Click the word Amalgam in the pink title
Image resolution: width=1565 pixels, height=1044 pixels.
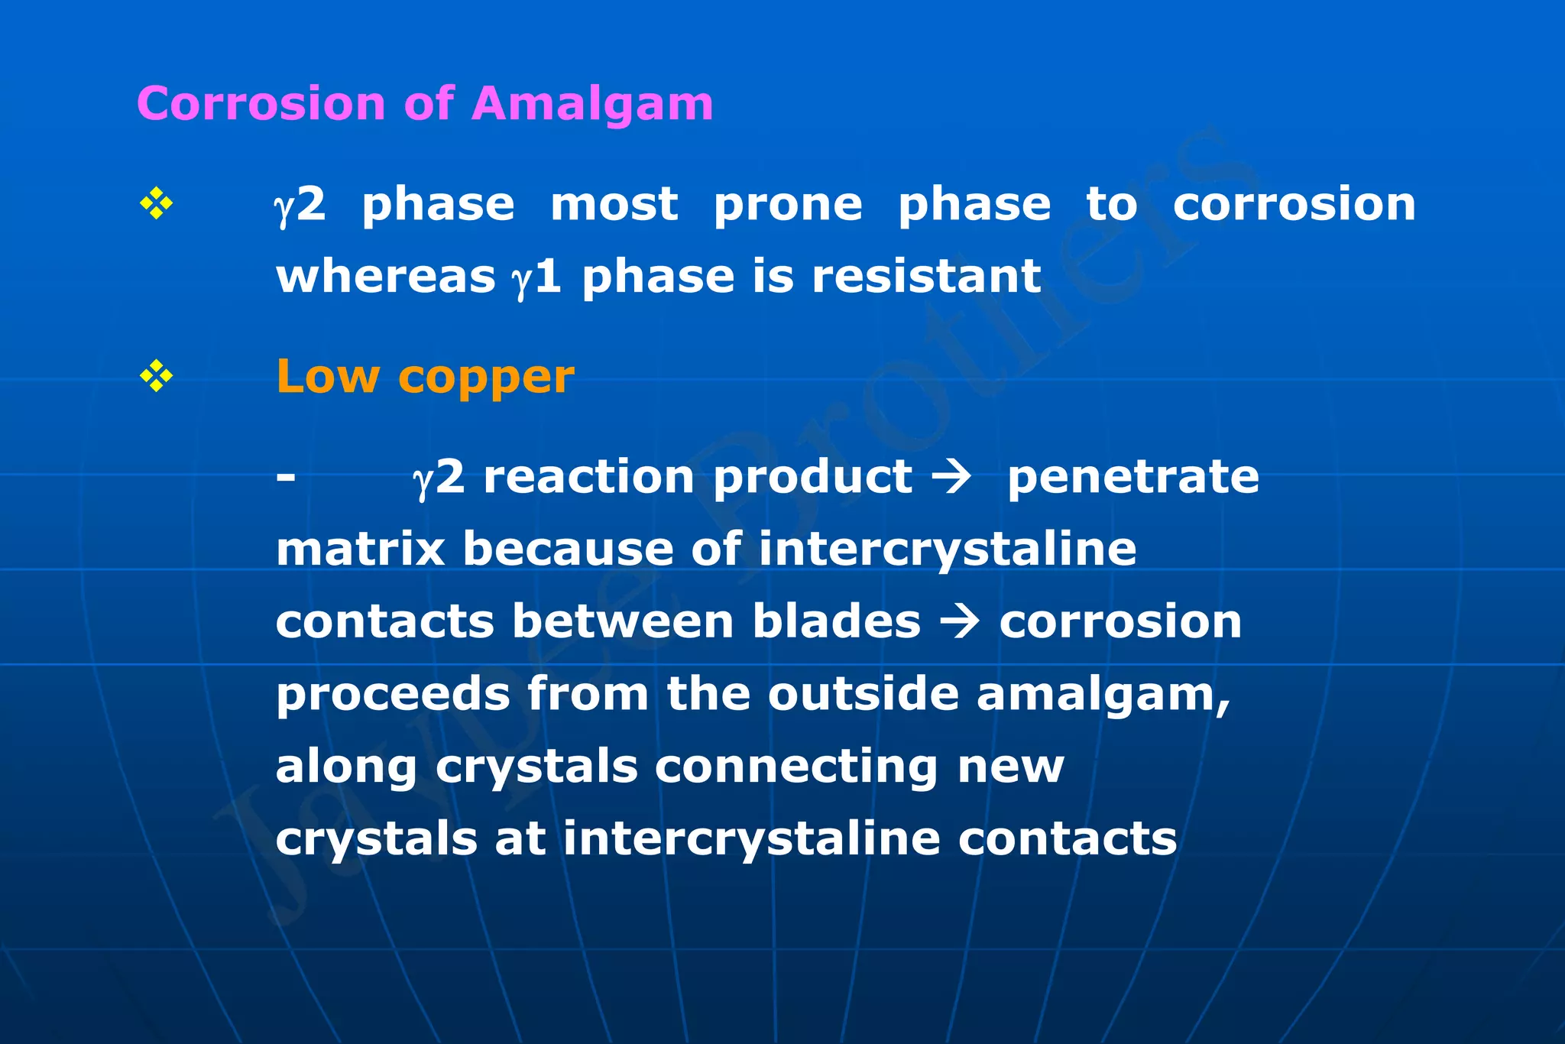593,104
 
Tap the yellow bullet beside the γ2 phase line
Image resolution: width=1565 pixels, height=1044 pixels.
157,204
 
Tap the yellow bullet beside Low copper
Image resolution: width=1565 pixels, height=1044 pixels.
157,377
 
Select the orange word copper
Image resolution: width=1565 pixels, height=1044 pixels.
486,378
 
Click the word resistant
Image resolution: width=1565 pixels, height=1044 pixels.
926,276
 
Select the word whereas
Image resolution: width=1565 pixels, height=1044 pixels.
386,276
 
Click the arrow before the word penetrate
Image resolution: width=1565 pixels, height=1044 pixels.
951,478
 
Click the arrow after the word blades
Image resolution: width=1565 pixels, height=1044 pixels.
959,621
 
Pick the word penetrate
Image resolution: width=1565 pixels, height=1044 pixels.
1133,478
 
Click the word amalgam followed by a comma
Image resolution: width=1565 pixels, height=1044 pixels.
1103,695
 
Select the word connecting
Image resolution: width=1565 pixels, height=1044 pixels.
796,767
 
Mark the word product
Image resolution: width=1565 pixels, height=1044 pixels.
813,478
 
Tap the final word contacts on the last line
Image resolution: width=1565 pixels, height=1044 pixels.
1068,839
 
